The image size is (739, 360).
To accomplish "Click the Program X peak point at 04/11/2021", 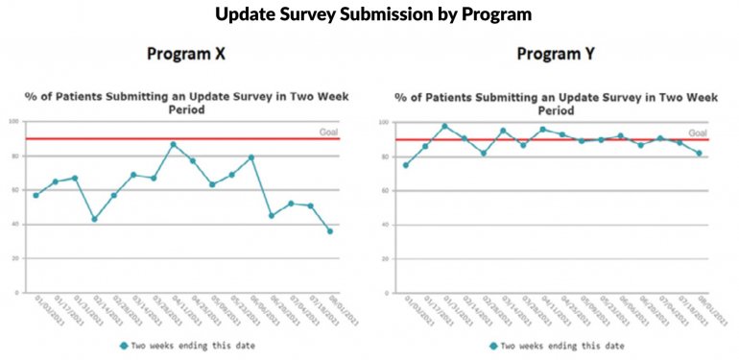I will pos(173,144).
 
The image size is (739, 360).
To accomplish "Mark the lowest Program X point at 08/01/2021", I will pos(330,230).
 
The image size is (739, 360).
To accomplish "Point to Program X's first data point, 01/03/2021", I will pos(36,195).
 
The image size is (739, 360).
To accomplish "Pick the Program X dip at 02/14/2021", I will pos(94,219).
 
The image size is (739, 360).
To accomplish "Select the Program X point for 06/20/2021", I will pos(272,215).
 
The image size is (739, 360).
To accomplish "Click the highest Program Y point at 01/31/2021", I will pos(444,126).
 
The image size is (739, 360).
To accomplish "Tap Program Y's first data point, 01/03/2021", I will pos(405,165).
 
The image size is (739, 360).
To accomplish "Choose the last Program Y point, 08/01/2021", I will pos(700,153).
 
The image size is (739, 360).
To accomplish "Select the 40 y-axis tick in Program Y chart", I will pos(384,226).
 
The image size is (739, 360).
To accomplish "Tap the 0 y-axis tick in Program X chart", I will pos(16,293).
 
